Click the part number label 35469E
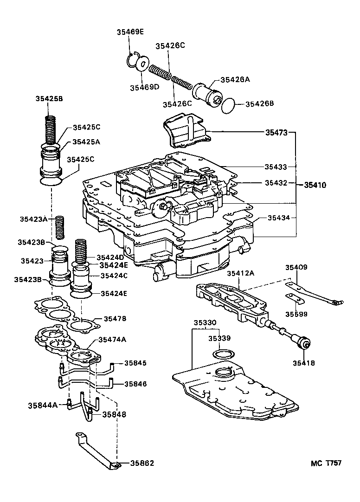130,32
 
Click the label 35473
276,133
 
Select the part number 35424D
110,257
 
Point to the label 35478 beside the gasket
115,319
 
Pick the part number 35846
135,384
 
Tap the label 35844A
42,405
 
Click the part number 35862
142,463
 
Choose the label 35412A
240,274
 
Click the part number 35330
205,322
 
